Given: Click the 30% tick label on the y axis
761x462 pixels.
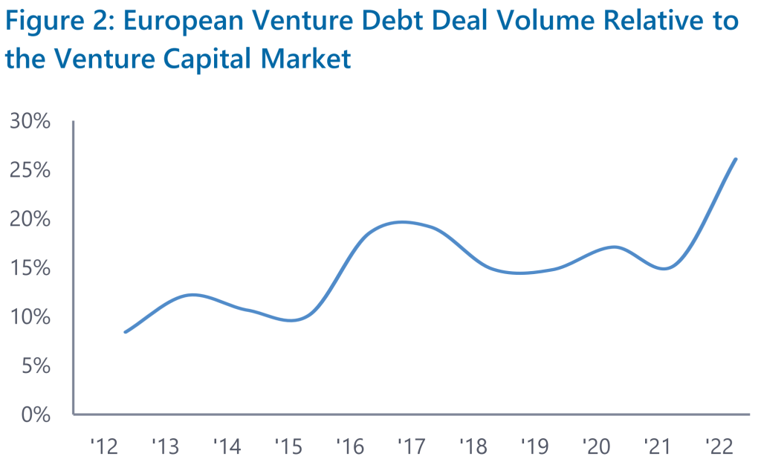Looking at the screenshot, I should coord(30,121).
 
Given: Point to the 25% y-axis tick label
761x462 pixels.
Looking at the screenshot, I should coord(30,170).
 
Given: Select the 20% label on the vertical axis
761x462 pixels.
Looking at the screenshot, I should coord(30,219).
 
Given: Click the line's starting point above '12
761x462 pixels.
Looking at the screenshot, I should coord(125,332).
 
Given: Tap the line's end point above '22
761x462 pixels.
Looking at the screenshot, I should coord(736,159).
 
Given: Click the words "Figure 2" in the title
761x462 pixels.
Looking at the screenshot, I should coord(56,21).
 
